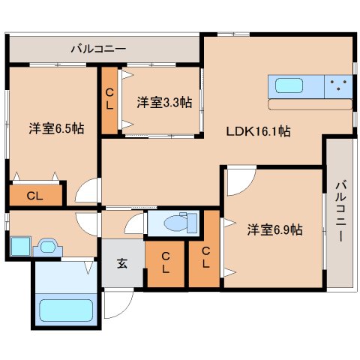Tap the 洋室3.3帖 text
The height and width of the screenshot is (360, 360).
(x=163, y=103)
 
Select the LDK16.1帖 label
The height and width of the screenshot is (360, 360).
(x=259, y=130)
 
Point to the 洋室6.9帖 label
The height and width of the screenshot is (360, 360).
(x=274, y=230)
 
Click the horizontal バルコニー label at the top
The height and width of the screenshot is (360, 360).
(x=98, y=49)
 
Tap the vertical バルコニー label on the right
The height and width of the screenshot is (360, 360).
(x=339, y=211)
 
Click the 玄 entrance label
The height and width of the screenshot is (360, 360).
(x=121, y=262)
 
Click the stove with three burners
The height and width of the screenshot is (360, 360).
(x=339, y=86)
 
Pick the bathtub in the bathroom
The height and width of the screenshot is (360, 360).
(x=64, y=310)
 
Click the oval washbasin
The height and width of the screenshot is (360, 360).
(x=49, y=245)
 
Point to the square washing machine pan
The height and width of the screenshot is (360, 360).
(x=19, y=246)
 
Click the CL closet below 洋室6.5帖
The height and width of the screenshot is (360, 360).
(x=34, y=196)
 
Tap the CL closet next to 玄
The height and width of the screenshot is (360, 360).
(x=166, y=262)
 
